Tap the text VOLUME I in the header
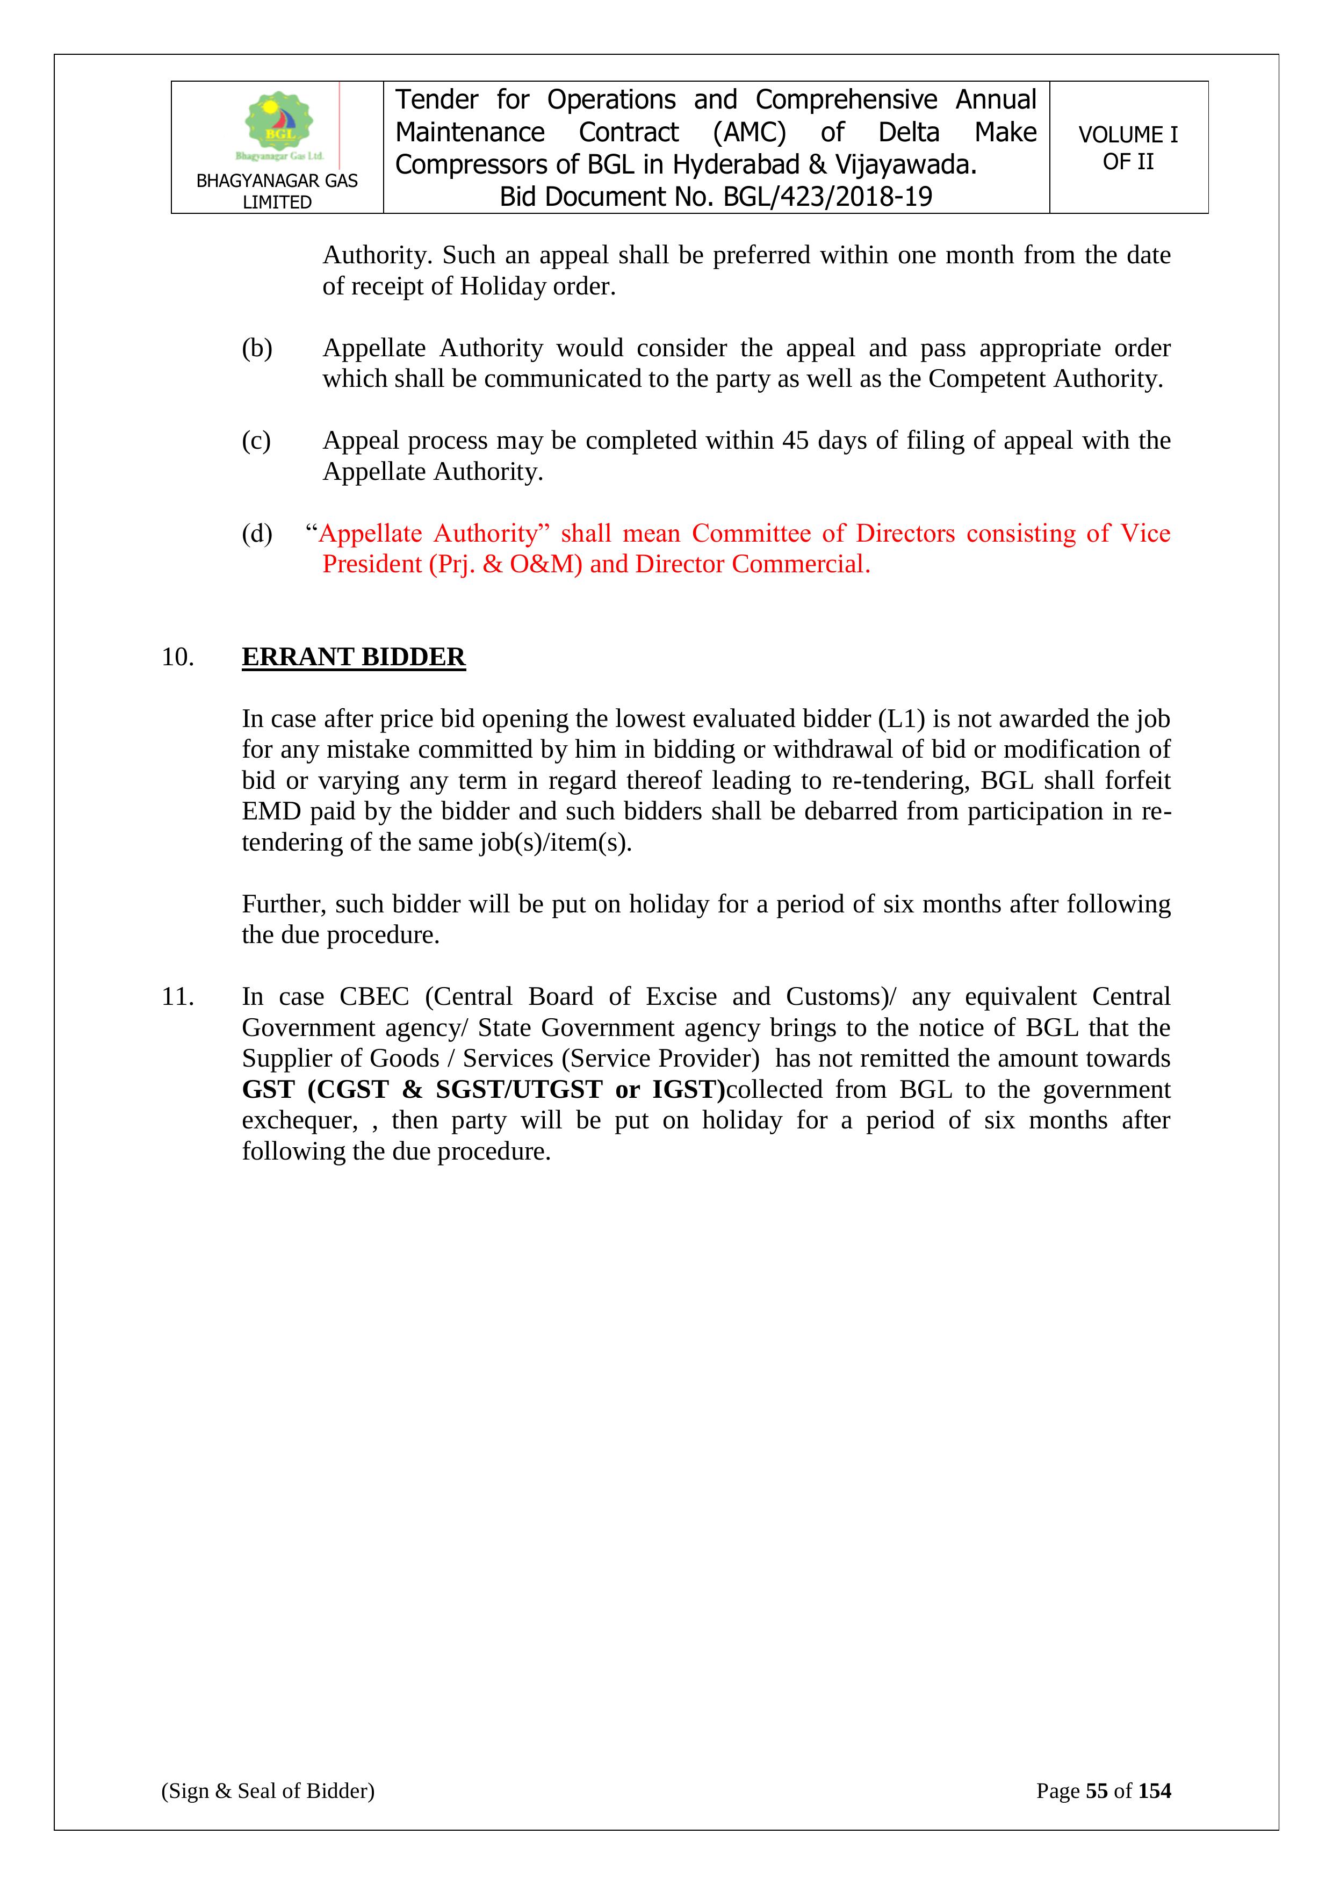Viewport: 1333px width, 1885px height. pyautogui.click(x=1128, y=135)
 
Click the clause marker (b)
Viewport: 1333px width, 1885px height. pyautogui.click(x=256, y=348)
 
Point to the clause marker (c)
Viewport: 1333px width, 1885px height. pyautogui.click(x=256, y=441)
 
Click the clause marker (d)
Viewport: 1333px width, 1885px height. pyautogui.click(x=256, y=534)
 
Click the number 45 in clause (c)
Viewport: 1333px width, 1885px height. pyautogui.click(x=795, y=441)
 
